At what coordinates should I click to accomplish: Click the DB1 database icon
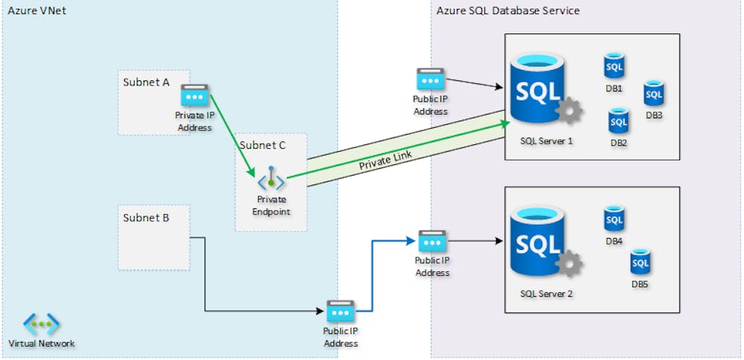click(x=614, y=67)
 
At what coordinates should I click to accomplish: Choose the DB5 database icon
click(x=641, y=263)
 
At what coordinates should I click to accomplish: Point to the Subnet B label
click(x=146, y=218)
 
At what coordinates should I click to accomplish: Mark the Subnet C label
click(x=262, y=145)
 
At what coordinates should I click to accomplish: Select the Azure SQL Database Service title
click(x=509, y=11)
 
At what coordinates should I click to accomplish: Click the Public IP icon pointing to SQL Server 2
click(x=432, y=241)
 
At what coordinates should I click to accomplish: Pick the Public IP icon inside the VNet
click(x=341, y=311)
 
